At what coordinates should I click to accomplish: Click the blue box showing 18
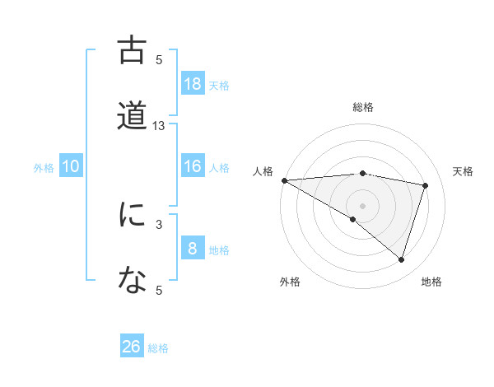coord(193,84)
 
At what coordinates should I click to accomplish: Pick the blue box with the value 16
coord(193,166)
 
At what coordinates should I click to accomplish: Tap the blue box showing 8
coord(193,249)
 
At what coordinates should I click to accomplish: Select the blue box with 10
coord(71,166)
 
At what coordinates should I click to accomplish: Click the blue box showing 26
coord(132,347)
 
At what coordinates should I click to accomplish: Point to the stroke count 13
coord(159,126)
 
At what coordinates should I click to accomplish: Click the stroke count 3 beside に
coord(159,223)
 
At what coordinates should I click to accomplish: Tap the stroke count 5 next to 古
coord(159,59)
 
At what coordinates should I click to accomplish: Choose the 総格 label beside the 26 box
coord(158,348)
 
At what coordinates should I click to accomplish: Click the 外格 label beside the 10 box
coord(44,168)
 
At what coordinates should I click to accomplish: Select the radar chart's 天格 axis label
coord(463,171)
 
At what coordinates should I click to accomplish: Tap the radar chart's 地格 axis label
coord(431,282)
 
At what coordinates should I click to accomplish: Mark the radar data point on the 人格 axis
coord(284,180)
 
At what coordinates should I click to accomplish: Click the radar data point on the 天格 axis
coord(426,185)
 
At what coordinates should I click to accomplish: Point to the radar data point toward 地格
coord(401,259)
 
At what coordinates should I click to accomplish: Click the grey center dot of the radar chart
coord(362,205)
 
